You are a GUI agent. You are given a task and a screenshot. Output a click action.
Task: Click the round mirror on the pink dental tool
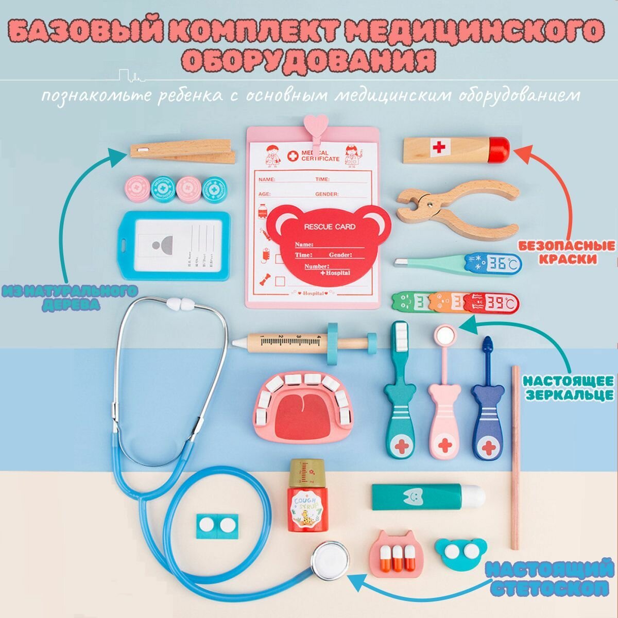coord(445,335)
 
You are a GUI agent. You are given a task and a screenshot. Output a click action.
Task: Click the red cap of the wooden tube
coord(499,148)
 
